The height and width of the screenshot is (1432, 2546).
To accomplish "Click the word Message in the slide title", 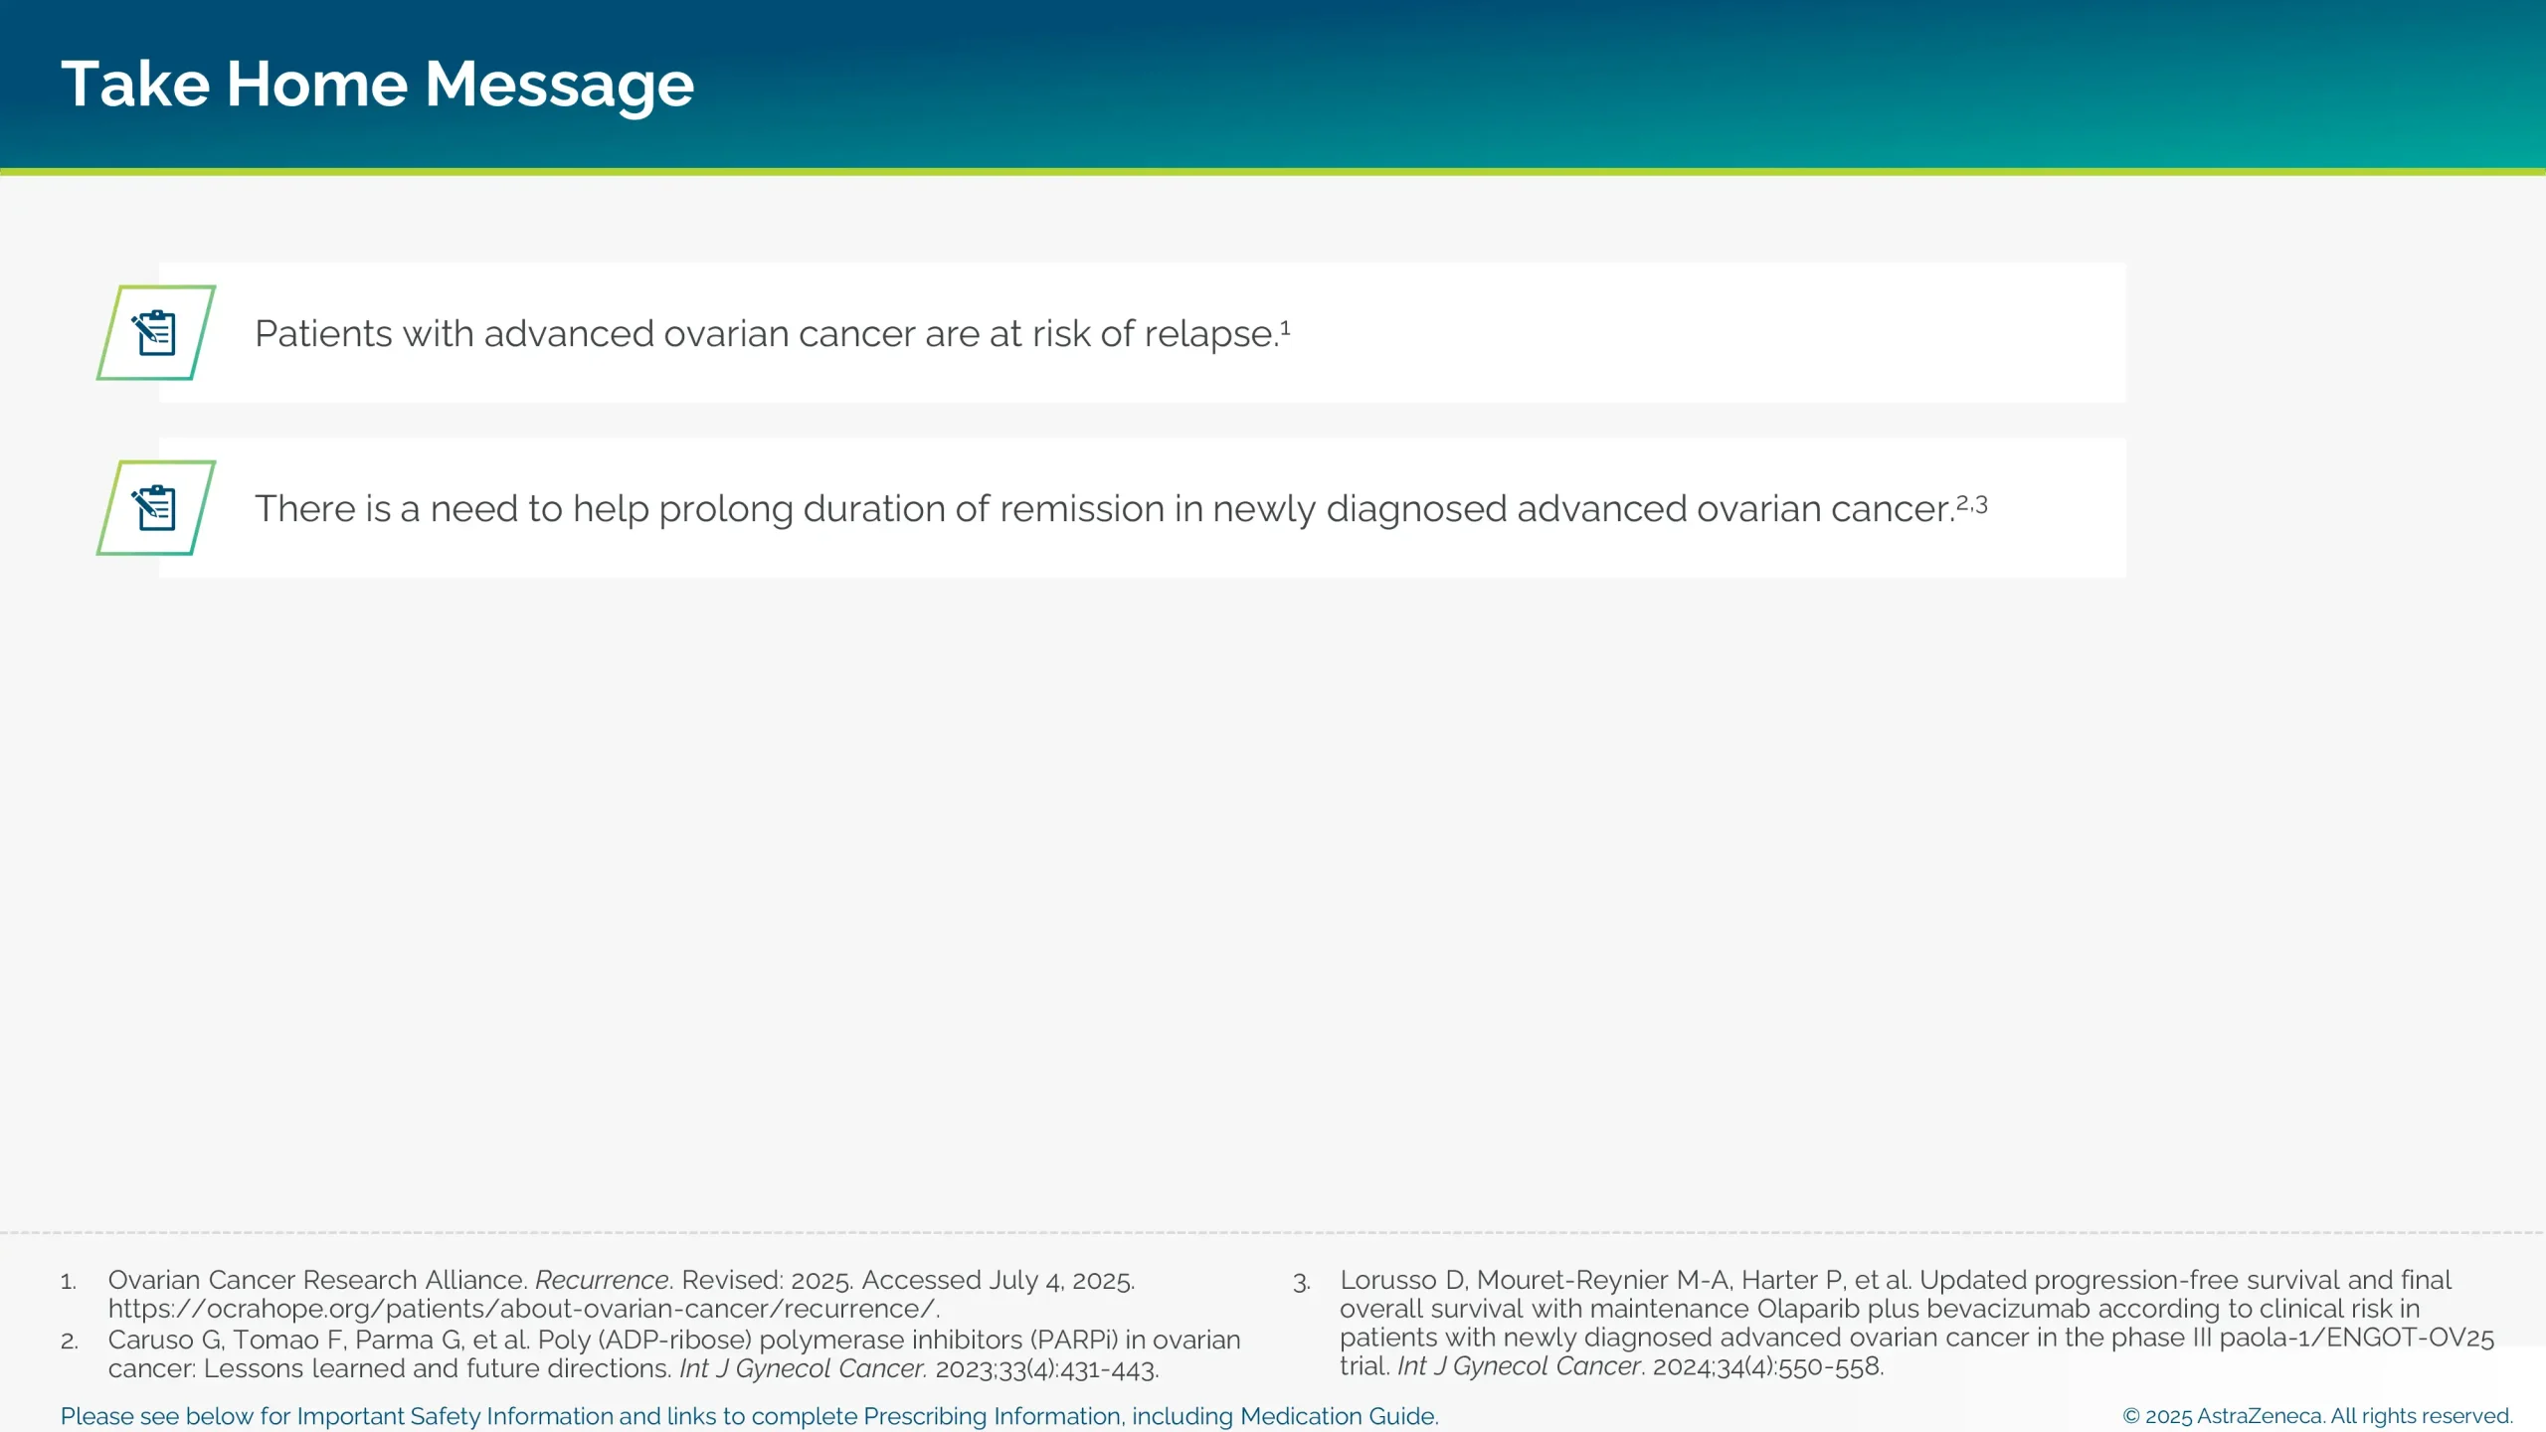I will pos(559,85).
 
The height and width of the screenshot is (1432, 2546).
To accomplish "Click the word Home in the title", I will pos(316,85).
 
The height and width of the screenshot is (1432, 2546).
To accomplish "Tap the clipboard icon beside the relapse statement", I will pos(155,333).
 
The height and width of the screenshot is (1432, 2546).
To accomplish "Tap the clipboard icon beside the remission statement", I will pos(155,508).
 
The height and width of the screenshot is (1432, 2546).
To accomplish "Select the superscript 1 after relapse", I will pos(1285,327).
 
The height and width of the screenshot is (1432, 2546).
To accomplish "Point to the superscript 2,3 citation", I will pos(1972,504).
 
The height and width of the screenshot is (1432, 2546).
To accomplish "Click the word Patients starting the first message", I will pos(323,334).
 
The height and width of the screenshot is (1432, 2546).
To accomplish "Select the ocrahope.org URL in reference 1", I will pos(523,1309).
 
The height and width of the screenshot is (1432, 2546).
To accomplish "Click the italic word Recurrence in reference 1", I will pos(602,1280).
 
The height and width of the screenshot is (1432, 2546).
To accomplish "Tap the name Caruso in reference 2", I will pos(150,1340).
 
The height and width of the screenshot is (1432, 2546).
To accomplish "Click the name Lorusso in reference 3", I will pos(1387,1280).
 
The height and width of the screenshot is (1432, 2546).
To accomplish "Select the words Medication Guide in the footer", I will pos(1338,1416).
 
